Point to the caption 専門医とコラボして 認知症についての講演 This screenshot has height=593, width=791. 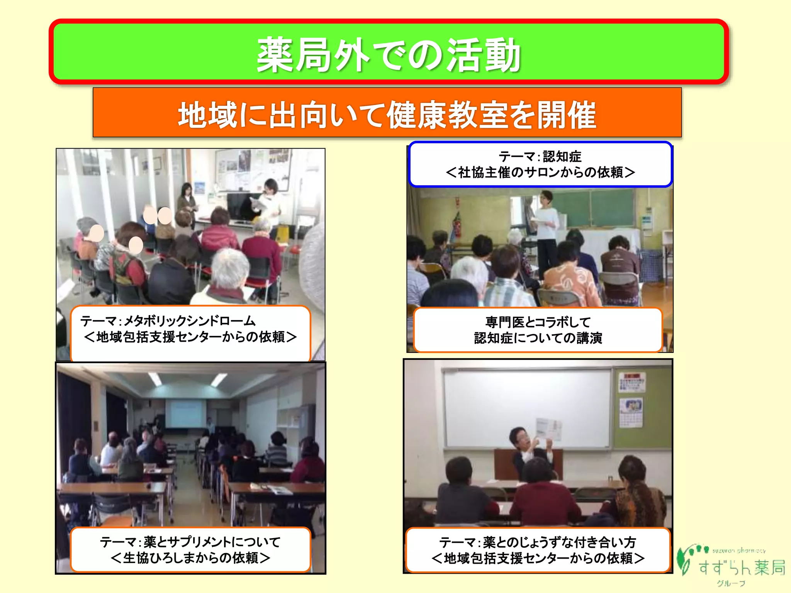(538, 330)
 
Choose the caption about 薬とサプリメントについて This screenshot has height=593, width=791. (190, 549)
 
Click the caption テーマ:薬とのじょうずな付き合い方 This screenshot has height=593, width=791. (538, 550)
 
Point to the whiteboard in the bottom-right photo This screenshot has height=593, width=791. (525, 405)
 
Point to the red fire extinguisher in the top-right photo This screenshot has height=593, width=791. (457, 224)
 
